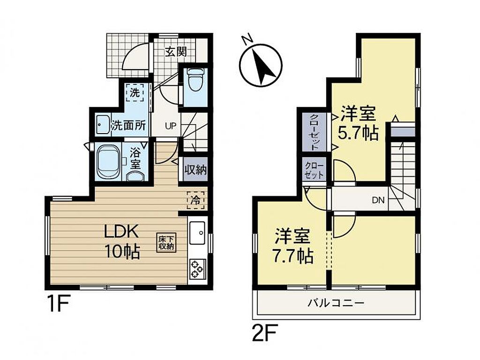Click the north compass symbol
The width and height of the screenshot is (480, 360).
pos(260,64)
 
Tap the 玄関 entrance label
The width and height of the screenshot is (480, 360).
pos(176,52)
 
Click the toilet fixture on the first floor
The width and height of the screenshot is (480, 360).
pos(194,80)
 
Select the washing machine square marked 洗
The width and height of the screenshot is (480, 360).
pos(135,93)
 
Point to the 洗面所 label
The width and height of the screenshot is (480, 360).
pos(128,125)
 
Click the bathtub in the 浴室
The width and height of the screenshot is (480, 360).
pos(109,162)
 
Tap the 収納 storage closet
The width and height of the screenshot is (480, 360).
pos(195,170)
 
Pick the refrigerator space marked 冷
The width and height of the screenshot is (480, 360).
pos(195,200)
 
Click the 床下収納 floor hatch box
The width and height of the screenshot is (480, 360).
pos(166,243)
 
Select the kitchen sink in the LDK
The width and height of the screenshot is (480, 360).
pos(197,233)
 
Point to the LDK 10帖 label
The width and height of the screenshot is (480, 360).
pos(122,242)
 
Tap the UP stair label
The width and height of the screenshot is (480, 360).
pos(171,126)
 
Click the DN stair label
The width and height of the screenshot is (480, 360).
pos(378,201)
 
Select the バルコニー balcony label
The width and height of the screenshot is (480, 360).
pos(336,303)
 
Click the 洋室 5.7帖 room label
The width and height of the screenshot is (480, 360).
pos(358,123)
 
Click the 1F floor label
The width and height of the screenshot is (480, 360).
pos(60,303)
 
